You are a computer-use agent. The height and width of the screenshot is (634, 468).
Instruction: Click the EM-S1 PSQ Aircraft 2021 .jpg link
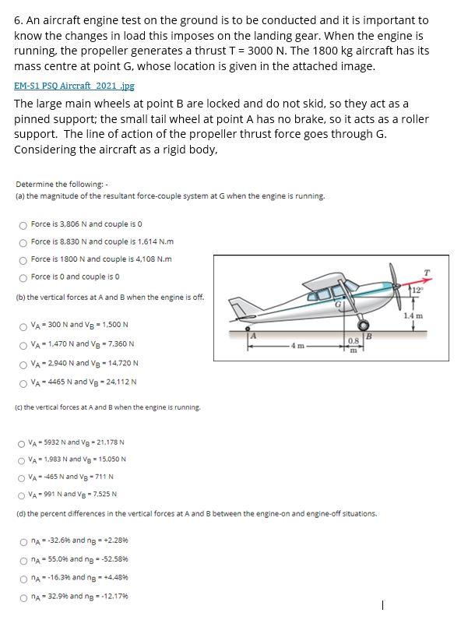tap(74, 86)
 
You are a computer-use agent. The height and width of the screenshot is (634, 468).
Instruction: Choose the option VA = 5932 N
tap(23, 442)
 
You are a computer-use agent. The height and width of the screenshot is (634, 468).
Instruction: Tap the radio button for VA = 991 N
tap(23, 494)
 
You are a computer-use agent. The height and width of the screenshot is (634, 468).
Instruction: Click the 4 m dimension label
tap(294, 343)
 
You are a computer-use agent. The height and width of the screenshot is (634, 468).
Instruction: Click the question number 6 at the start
tap(17, 19)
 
